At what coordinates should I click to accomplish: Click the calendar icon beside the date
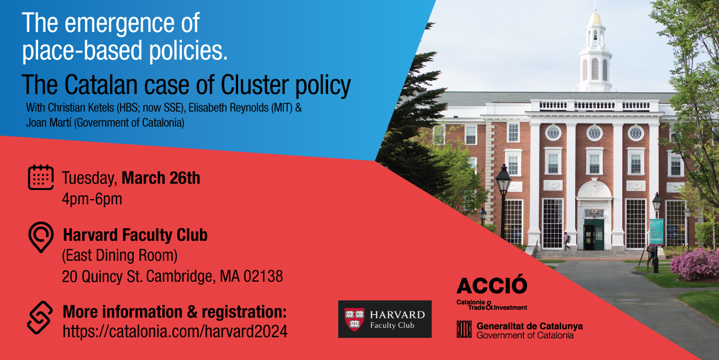click(x=41, y=177)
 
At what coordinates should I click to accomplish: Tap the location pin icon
click(x=41, y=237)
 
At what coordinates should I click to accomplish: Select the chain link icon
click(x=40, y=317)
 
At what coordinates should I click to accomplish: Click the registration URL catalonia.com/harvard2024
click(x=175, y=331)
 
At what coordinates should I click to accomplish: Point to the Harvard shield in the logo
click(x=354, y=319)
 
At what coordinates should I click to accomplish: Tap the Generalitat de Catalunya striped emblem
click(x=464, y=329)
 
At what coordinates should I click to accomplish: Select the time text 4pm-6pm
click(x=92, y=199)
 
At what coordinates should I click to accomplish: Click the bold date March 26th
click(x=161, y=178)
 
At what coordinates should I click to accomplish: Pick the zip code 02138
click(x=263, y=276)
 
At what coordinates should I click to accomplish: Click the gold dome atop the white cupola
click(x=595, y=19)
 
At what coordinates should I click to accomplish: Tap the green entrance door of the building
click(x=594, y=235)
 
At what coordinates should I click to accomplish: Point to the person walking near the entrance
click(x=567, y=241)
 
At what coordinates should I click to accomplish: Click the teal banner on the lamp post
click(x=656, y=232)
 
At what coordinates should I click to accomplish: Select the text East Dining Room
click(x=120, y=255)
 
